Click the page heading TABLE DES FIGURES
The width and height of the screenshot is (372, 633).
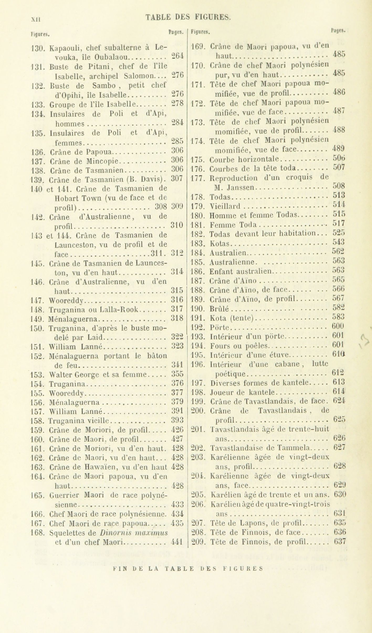point(188,17)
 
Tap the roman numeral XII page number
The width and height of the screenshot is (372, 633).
point(35,19)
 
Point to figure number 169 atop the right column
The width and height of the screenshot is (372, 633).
point(197,47)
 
